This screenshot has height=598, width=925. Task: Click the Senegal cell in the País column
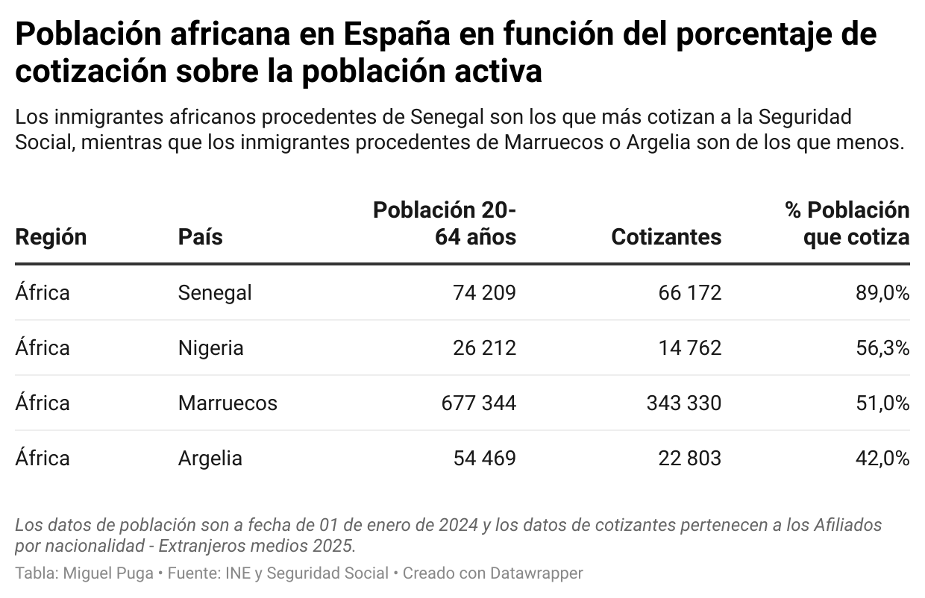[215, 293]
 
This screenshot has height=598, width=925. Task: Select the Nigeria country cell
[210, 348]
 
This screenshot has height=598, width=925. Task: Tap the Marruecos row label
[228, 403]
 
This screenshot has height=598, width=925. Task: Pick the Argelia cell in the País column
[210, 458]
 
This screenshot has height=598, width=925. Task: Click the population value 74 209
[484, 293]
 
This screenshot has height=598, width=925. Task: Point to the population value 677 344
[478, 403]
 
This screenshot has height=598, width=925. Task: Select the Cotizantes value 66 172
[690, 293]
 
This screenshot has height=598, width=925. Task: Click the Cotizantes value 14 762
[690, 348]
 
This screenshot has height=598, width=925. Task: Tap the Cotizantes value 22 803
[690, 458]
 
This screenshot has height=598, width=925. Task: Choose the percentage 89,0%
[882, 293]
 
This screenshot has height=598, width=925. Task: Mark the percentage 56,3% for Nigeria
[882, 348]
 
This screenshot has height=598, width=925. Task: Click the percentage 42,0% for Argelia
[882, 458]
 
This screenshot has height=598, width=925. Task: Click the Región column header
[51, 237]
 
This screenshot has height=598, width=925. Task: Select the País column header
[200, 237]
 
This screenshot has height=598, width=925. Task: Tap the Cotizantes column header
[666, 237]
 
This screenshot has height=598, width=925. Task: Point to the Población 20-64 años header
[445, 224]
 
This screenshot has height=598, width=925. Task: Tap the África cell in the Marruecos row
[43, 403]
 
